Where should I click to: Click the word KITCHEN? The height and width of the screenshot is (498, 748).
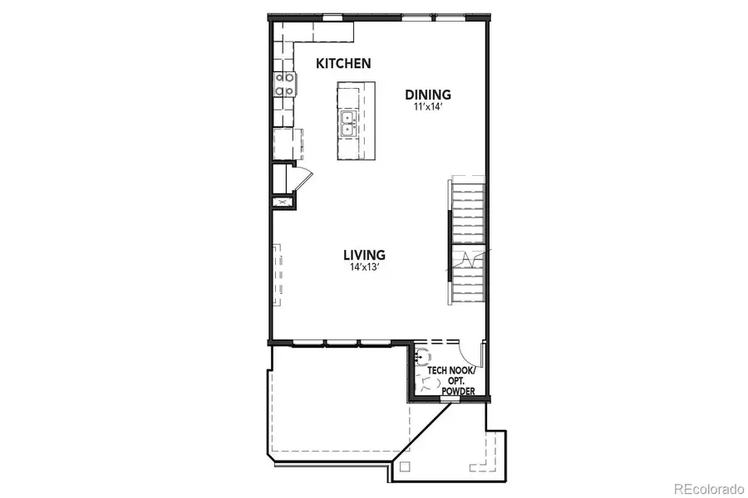click(x=343, y=63)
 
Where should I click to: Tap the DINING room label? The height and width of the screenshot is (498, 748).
click(x=427, y=94)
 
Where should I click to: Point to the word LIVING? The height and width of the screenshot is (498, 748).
click(x=365, y=254)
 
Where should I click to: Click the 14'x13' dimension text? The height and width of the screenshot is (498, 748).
click(x=365, y=267)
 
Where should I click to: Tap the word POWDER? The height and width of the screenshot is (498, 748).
click(x=458, y=391)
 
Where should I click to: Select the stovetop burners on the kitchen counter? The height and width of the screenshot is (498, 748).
click(x=284, y=84)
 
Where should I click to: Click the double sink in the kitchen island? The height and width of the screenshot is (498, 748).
click(x=348, y=125)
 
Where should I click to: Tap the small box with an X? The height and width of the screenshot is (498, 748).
click(x=282, y=200)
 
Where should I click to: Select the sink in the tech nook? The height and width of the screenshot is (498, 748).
click(x=422, y=358)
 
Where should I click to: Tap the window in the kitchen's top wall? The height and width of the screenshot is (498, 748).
click(x=332, y=17)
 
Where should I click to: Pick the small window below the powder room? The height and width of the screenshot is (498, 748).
click(x=450, y=399)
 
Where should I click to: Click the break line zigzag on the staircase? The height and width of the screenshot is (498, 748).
click(x=468, y=260)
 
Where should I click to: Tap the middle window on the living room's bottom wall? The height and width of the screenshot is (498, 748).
click(x=342, y=341)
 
